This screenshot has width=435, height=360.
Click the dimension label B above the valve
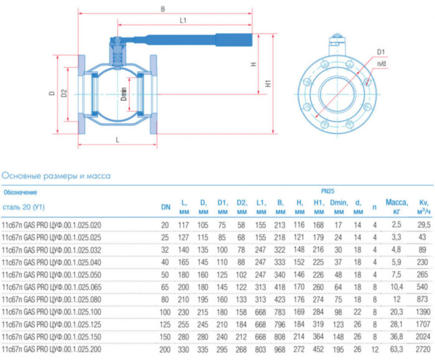[163, 9]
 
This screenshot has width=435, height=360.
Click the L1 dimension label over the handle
[183, 21]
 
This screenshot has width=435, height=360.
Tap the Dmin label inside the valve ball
[124, 95]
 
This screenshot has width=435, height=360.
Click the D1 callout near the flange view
[381, 52]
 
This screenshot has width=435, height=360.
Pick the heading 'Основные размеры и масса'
[56, 176]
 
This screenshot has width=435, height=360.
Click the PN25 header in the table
[327, 192]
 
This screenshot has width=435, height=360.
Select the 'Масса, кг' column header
[396, 206]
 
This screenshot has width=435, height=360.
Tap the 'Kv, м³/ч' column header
[423, 206]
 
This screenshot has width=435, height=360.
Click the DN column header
[165, 206]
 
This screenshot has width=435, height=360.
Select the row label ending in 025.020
[52, 224]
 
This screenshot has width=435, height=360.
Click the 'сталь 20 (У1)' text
[24, 206]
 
